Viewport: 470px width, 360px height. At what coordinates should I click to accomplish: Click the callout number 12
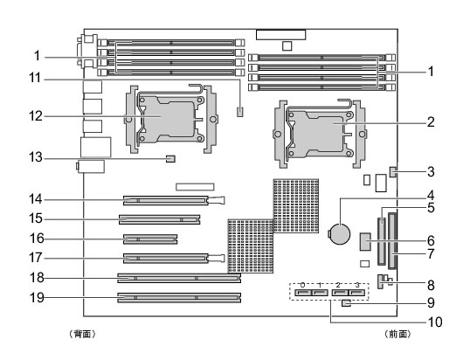click(x=36, y=116)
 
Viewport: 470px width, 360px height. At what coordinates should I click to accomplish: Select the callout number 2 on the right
click(x=431, y=122)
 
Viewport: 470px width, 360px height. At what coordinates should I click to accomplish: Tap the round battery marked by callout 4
click(x=340, y=234)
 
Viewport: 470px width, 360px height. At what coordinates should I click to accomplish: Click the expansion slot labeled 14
click(x=166, y=200)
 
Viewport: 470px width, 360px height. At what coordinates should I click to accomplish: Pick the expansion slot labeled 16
click(x=150, y=239)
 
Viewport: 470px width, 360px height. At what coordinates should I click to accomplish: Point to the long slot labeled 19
click(x=179, y=298)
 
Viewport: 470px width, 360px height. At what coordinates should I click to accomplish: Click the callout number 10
click(x=435, y=322)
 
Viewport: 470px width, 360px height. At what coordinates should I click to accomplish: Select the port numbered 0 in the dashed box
click(x=303, y=292)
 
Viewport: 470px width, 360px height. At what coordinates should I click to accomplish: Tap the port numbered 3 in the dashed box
click(x=356, y=292)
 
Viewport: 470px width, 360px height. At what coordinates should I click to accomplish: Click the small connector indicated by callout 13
click(x=170, y=158)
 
